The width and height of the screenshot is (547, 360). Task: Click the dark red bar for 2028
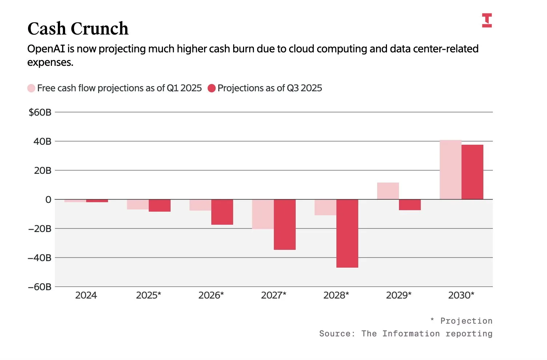347,233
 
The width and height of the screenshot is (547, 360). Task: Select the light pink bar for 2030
450,170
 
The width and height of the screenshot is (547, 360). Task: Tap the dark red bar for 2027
284,224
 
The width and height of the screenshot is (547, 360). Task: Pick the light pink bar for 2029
388,191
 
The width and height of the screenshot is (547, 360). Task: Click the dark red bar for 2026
222,212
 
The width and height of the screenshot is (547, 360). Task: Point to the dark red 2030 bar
472,172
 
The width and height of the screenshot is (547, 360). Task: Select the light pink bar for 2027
263,214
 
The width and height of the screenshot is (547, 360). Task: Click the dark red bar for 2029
410,205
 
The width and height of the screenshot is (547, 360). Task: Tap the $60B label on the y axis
40,112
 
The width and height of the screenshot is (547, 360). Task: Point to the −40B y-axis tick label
40,258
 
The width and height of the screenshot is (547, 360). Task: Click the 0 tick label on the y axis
48,200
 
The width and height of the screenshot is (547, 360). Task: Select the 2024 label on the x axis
86,295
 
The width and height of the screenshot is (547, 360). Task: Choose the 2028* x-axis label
336,295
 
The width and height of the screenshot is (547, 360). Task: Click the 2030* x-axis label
461,295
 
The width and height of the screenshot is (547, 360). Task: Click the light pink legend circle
31,88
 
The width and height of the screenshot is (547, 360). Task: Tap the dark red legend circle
212,88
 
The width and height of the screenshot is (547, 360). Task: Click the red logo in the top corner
487,20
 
